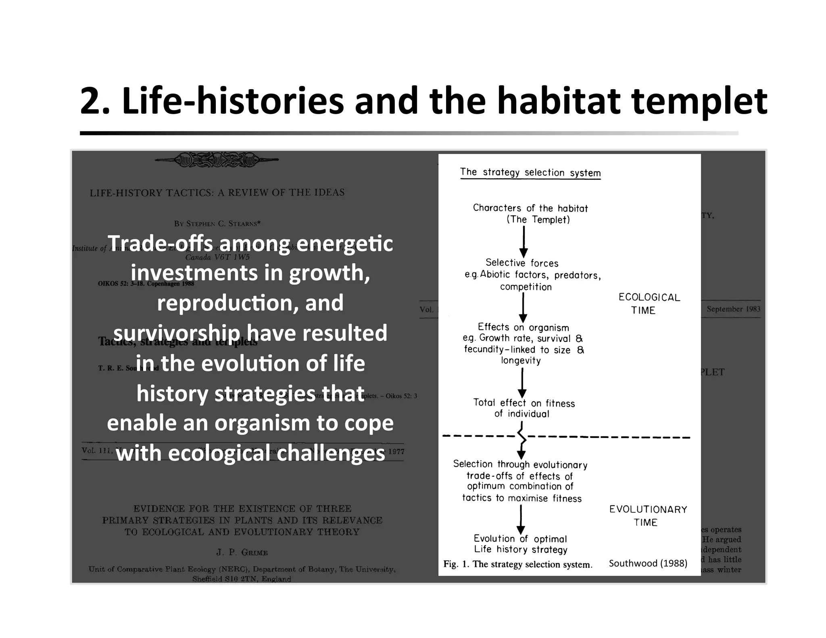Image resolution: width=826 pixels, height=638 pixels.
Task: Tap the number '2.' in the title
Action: (x=95, y=102)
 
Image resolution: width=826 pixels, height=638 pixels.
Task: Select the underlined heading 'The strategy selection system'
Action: (x=530, y=172)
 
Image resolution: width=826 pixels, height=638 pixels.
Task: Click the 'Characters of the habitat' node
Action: (x=530, y=208)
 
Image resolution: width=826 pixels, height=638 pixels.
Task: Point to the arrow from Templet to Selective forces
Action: (x=524, y=241)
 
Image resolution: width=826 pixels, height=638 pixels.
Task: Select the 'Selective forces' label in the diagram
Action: (x=522, y=263)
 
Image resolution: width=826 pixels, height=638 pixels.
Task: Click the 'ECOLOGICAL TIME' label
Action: (x=649, y=304)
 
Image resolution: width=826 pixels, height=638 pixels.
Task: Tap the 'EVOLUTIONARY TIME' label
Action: (x=648, y=515)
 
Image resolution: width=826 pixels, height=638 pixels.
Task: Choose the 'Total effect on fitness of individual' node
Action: (x=524, y=408)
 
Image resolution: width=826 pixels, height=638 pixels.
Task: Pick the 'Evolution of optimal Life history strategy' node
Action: (x=520, y=544)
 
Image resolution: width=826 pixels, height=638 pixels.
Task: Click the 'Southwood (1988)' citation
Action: (x=648, y=563)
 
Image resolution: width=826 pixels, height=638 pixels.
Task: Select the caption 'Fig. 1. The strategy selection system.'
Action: (x=517, y=564)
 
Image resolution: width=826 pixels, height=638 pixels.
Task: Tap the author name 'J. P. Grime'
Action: (x=242, y=552)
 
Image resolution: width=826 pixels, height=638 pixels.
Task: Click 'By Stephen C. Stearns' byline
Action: (x=217, y=223)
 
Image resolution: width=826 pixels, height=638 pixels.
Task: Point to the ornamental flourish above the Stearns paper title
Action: (x=217, y=160)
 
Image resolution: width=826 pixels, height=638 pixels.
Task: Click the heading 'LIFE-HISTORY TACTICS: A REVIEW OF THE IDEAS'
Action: (x=217, y=193)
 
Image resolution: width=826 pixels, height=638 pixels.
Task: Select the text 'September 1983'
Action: (x=733, y=309)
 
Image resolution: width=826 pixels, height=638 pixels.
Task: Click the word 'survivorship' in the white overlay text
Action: (x=176, y=333)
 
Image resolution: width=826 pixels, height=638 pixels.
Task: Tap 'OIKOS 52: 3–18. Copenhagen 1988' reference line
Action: (x=146, y=284)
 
